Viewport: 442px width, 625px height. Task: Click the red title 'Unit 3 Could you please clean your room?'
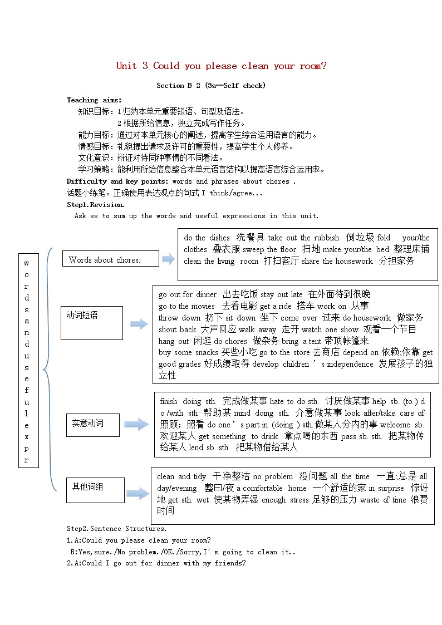pos(221,66)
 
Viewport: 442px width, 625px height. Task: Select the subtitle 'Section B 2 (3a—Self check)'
pos(211,85)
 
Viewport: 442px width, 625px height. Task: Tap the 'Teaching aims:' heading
pos(94,100)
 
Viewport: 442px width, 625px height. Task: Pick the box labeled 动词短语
pos(91,322)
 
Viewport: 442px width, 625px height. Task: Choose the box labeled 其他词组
pos(95,490)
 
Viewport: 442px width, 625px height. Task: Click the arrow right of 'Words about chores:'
pos(168,258)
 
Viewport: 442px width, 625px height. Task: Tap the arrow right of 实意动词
pos(136,425)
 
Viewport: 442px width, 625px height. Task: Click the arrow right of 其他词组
pos(137,492)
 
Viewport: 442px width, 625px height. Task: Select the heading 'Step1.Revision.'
pos(95,205)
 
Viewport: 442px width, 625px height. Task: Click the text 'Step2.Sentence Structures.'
pos(116,529)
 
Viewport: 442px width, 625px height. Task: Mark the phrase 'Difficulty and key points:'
pos(117,181)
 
